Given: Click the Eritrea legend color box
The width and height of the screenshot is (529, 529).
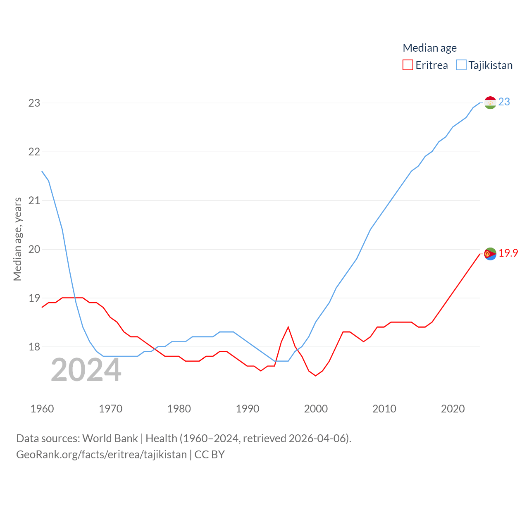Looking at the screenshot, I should point(408,65).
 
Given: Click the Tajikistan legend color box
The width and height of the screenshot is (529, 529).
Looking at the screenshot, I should point(461,65).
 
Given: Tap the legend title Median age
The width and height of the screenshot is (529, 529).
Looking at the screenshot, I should point(429,48).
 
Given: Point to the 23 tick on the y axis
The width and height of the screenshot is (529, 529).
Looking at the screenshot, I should point(34,103).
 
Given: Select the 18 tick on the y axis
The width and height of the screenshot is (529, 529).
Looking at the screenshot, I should point(34,347).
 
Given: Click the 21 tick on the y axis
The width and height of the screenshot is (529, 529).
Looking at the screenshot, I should point(34,200).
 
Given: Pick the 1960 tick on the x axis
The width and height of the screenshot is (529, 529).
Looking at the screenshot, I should point(42,409).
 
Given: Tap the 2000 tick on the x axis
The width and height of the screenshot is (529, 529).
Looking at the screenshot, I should point(316,409).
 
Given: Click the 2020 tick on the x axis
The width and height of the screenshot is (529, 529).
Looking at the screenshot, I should point(453,409).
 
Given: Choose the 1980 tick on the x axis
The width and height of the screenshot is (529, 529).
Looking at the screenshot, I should point(179,409).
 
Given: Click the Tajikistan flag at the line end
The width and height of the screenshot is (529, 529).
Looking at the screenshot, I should point(490,102).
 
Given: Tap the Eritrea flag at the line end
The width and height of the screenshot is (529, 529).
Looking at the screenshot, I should point(490,254).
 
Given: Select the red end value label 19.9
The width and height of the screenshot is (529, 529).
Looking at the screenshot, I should point(508,253).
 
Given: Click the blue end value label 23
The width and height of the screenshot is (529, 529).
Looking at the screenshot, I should point(504,102).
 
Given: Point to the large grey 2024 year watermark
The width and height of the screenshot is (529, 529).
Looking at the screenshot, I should point(86,370).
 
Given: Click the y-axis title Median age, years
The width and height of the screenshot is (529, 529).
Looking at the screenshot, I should point(17,239).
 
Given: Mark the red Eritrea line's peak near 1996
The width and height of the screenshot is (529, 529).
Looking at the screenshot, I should point(288,327).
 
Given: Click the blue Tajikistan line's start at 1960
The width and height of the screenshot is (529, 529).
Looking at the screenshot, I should point(42,171).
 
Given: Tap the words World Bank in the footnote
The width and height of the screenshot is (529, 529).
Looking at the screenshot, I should point(110,438).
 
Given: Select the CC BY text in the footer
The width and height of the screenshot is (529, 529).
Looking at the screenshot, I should point(210,455).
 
